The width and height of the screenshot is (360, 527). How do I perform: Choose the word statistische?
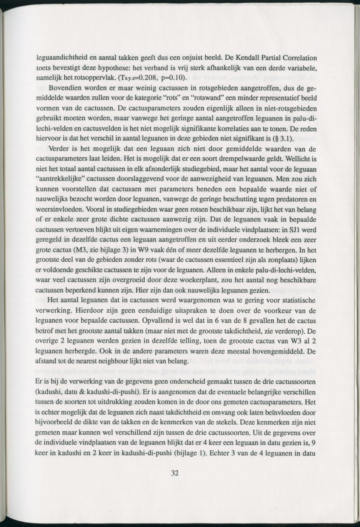pos(293,300)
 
